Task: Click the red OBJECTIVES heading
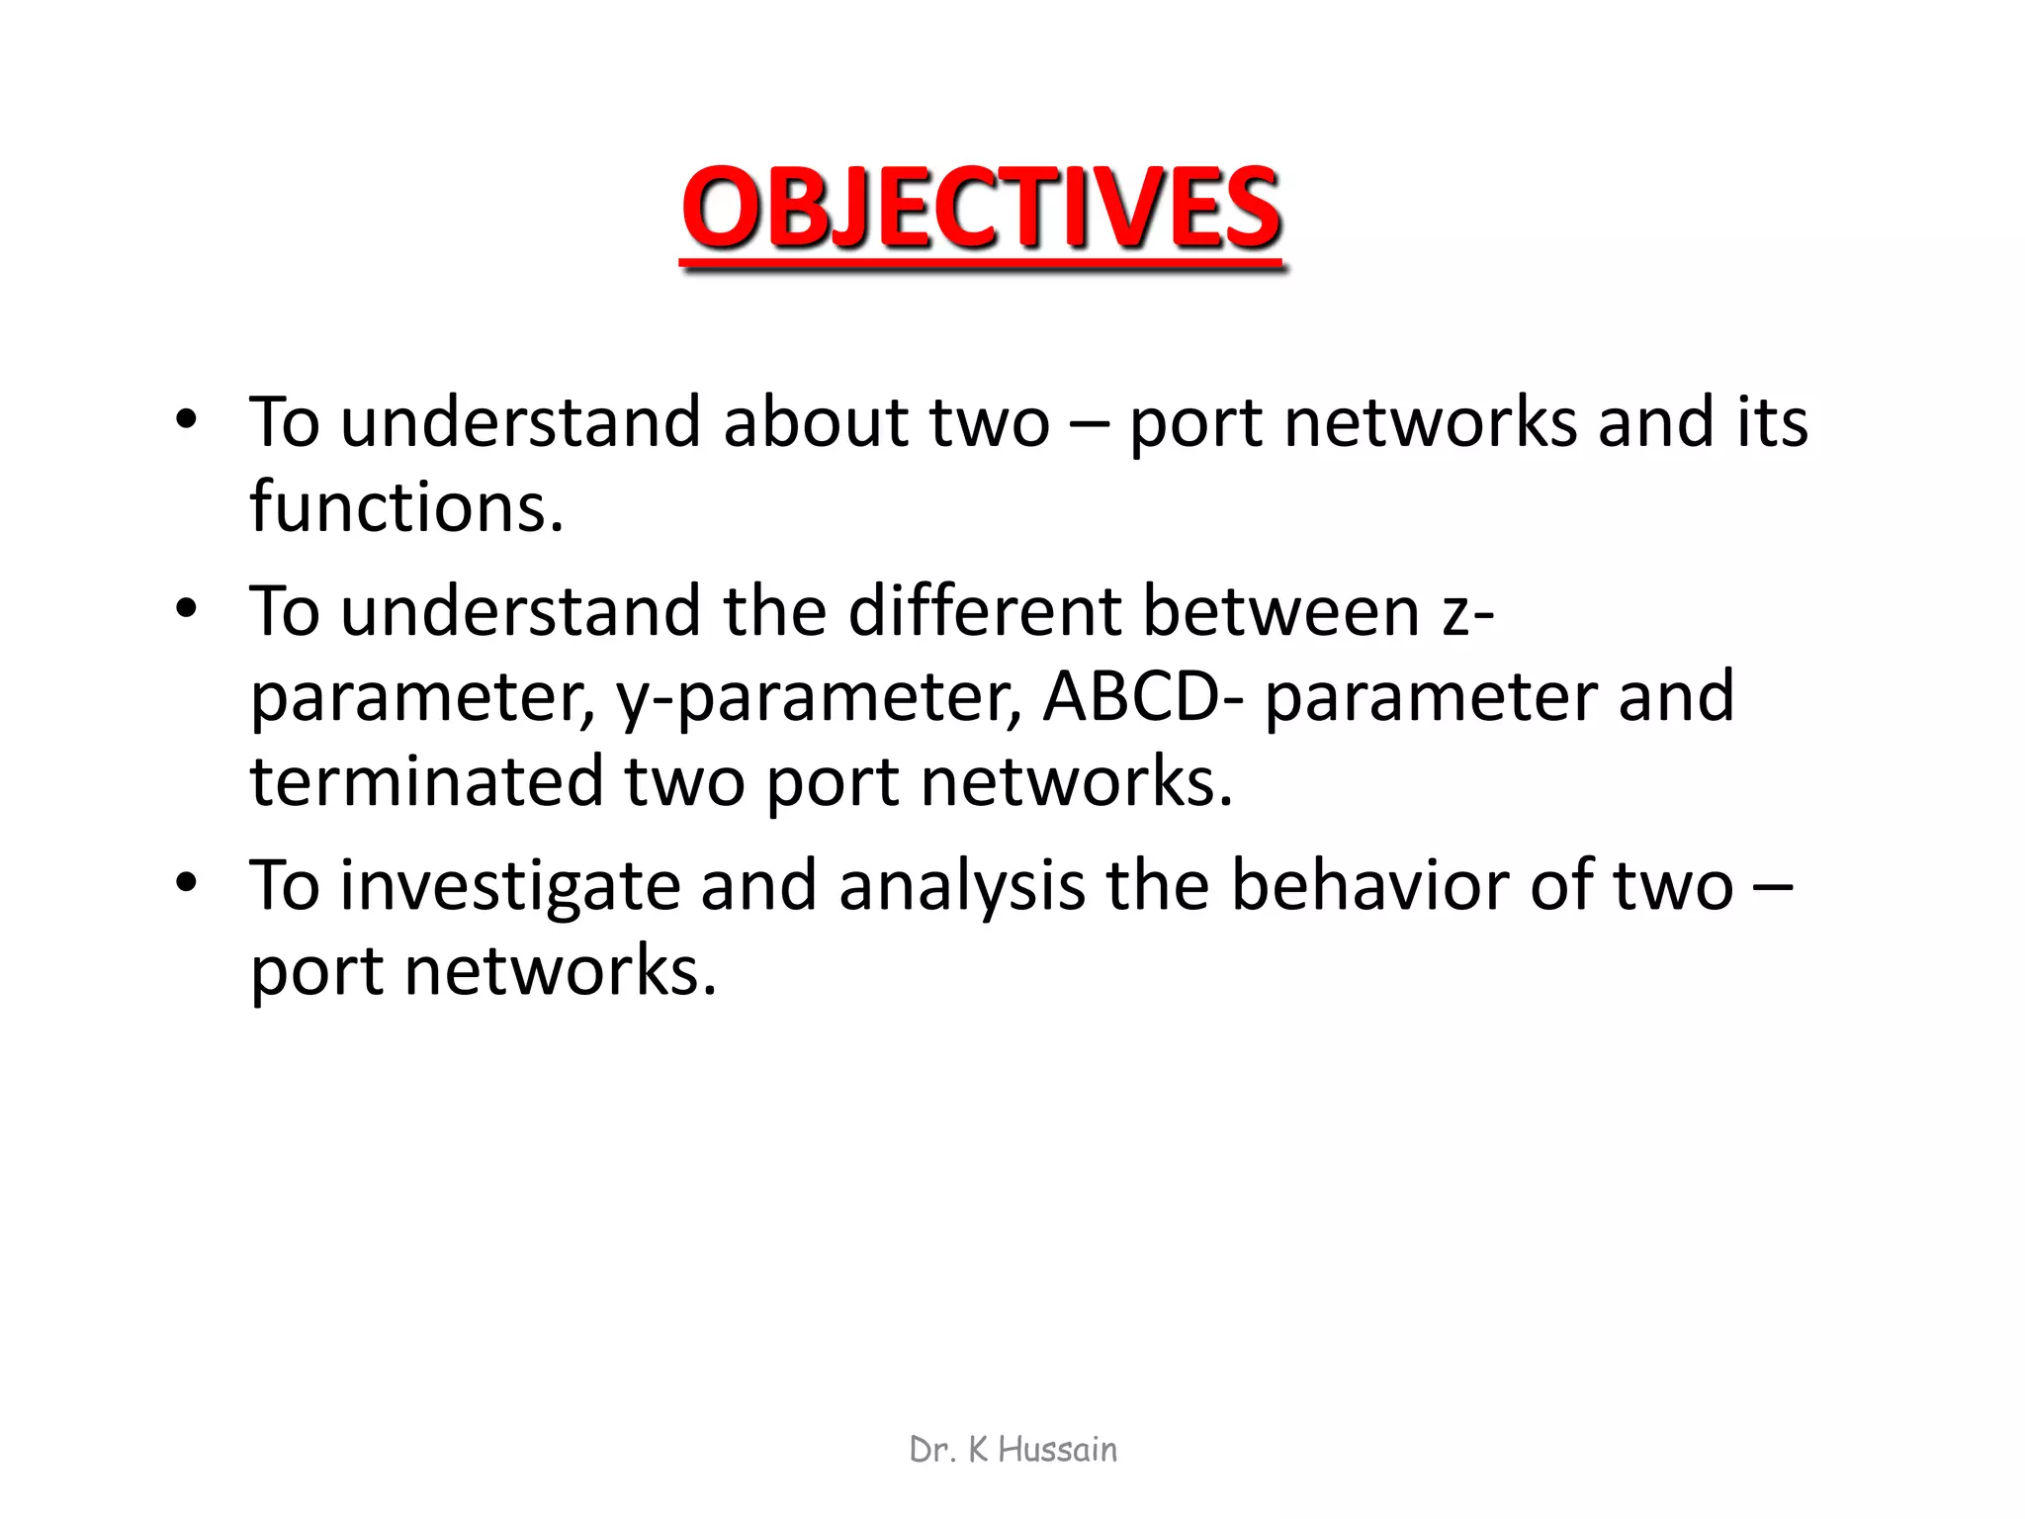[982, 209]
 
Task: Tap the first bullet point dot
[186, 419]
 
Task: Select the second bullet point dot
[186, 608]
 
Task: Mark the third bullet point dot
[186, 882]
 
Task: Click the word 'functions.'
[406, 507]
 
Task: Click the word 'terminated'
[426, 781]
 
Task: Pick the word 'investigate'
[510, 886]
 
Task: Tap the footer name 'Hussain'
[1057, 1450]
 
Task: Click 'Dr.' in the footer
[932, 1450]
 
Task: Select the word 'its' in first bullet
[1772, 423]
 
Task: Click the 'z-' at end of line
[1467, 612]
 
